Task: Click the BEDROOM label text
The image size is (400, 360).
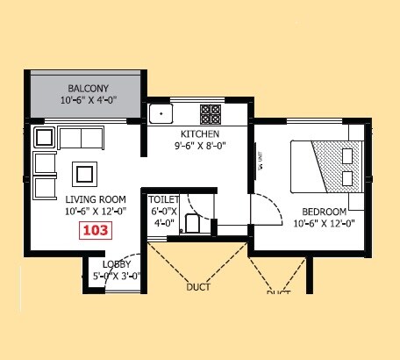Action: (x=324, y=212)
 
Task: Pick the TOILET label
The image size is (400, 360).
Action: (x=164, y=199)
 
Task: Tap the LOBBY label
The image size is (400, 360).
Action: (x=117, y=264)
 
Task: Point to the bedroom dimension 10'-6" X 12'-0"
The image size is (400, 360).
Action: (x=324, y=223)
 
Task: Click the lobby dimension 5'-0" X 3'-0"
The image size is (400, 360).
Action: (x=117, y=276)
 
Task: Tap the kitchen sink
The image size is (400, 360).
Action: (x=161, y=113)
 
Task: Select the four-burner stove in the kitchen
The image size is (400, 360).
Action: (x=211, y=113)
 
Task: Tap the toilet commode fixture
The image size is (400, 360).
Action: (x=193, y=224)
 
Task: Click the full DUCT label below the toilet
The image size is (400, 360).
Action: (x=199, y=286)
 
